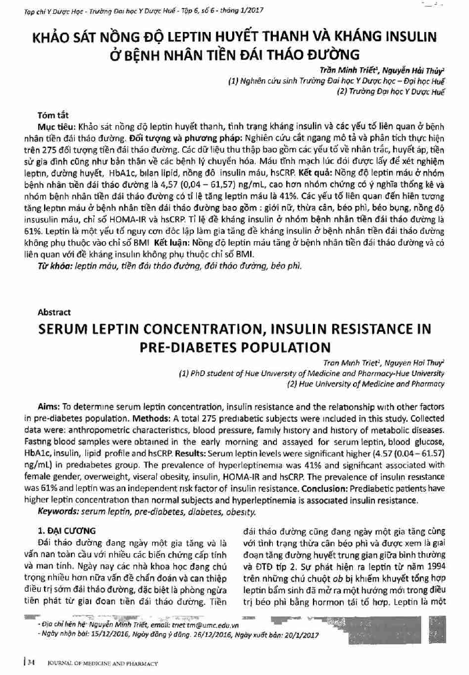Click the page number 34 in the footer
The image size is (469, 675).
[x=30, y=663]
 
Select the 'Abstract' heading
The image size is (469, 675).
[x=53, y=311]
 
